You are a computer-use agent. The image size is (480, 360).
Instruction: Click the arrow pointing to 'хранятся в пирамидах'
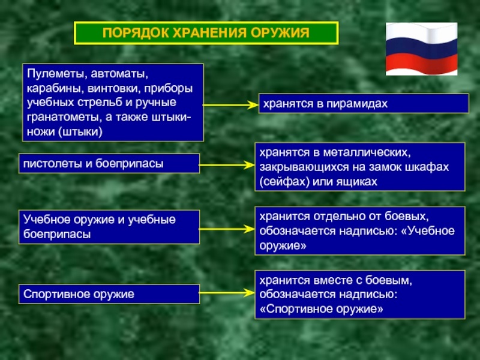click(231, 105)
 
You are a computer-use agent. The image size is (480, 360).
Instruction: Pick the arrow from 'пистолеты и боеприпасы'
click(227, 165)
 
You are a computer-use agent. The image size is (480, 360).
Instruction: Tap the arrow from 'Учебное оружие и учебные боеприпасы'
click(227, 229)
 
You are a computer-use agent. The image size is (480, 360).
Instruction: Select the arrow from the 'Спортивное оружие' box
click(227, 293)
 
